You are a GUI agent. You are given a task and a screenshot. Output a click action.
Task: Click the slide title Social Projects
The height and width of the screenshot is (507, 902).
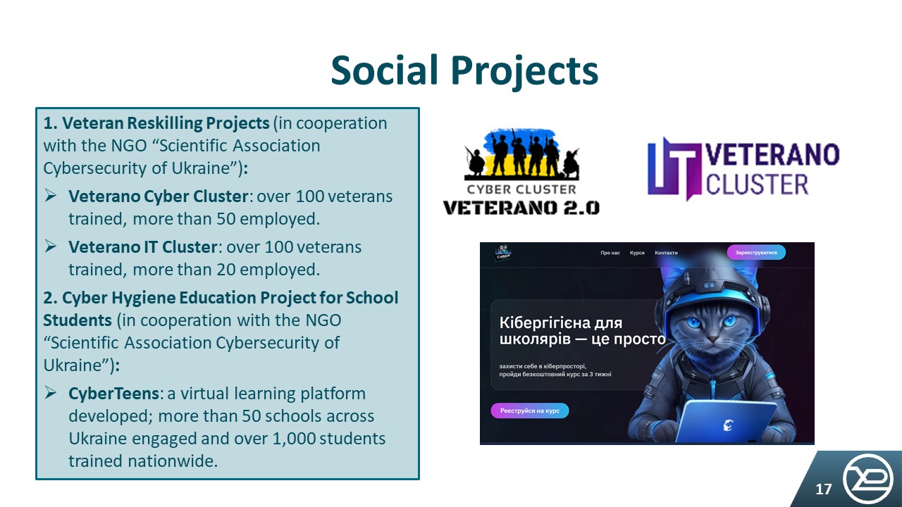click(464, 71)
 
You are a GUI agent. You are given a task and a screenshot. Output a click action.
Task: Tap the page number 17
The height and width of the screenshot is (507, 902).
click(823, 489)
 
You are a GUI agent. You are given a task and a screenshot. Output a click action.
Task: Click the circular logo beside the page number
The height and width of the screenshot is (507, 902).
click(867, 478)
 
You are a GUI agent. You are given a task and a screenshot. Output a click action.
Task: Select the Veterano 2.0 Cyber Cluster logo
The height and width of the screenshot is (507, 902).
click(521, 171)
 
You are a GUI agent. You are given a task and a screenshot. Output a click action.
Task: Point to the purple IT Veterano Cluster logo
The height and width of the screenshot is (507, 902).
click(743, 169)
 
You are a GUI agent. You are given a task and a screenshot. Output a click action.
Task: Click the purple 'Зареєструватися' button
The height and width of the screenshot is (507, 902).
click(756, 252)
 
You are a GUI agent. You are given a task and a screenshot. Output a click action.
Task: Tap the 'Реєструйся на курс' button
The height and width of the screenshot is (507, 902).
click(529, 411)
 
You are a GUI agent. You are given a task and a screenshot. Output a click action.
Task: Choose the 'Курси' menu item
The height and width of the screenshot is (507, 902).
click(637, 253)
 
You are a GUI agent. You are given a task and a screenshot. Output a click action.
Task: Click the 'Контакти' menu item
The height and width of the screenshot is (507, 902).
click(666, 253)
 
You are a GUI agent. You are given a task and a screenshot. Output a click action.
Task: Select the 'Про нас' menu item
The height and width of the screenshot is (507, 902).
click(610, 253)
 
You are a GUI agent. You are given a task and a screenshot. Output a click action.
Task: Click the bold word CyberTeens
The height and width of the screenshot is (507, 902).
click(113, 394)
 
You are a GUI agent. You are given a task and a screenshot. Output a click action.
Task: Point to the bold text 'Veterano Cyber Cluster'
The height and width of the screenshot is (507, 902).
click(159, 196)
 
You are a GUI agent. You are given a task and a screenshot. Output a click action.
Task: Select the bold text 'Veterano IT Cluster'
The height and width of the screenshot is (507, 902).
click(143, 247)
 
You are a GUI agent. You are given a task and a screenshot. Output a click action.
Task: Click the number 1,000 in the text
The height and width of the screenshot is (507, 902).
click(294, 439)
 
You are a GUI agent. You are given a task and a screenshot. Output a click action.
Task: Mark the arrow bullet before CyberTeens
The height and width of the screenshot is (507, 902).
click(50, 392)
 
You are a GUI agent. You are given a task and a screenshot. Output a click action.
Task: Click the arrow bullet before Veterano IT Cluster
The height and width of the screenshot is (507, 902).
click(50, 246)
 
